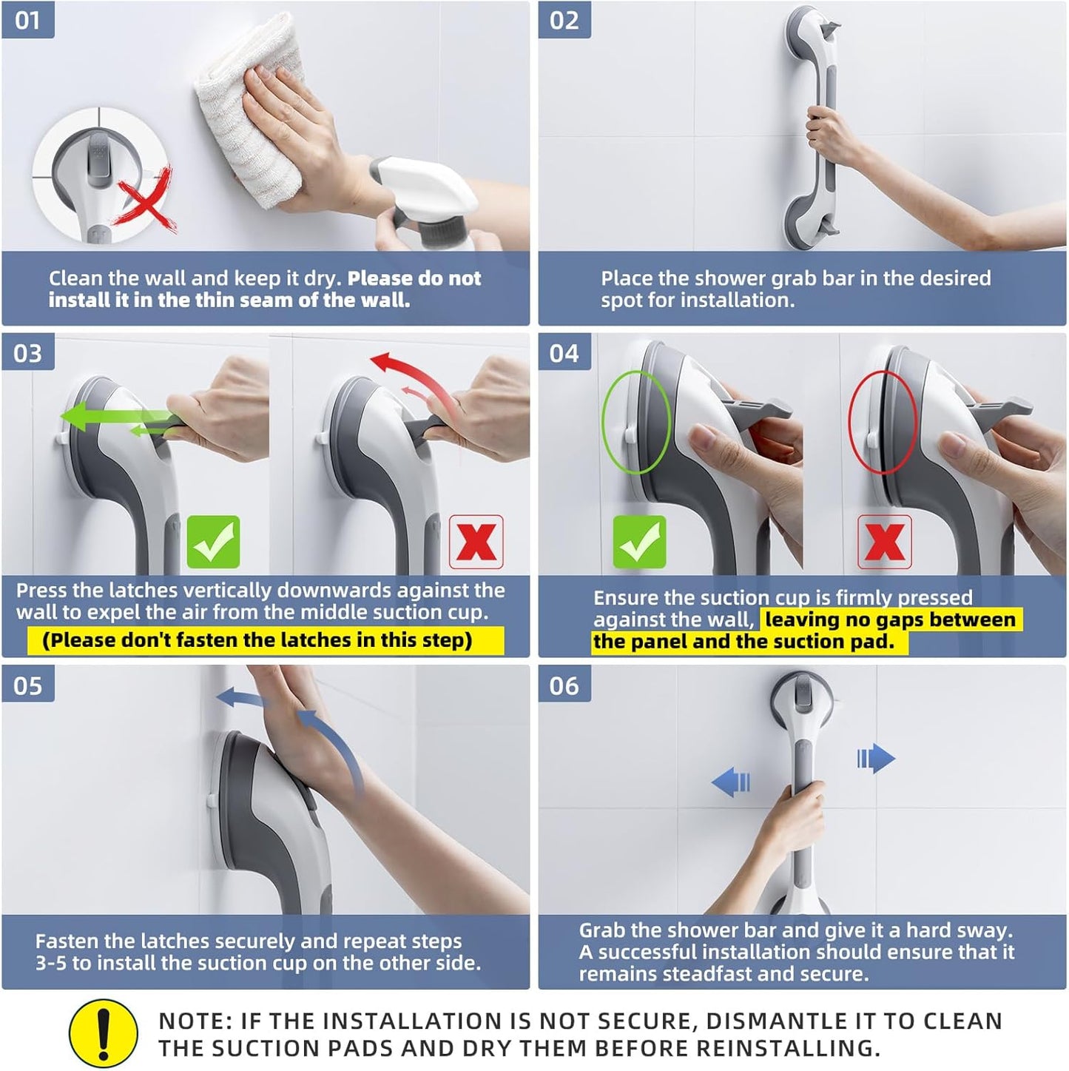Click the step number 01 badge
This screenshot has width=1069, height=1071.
coord(27,20)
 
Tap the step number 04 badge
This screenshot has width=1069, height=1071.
coord(564,353)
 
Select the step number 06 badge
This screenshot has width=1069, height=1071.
coord(564,685)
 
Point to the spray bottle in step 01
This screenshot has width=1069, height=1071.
coord(429,200)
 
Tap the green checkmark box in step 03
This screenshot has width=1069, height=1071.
coord(213,542)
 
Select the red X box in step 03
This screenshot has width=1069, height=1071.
coord(476,542)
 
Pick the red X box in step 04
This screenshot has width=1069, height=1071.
coord(884,542)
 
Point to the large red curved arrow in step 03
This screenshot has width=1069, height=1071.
coord(414,377)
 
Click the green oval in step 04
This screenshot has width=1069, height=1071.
coord(636,422)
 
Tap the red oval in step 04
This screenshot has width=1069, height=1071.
coord(882,422)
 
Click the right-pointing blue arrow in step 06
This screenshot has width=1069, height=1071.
coord(876,759)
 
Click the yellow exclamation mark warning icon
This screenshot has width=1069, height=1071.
coord(104,1033)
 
